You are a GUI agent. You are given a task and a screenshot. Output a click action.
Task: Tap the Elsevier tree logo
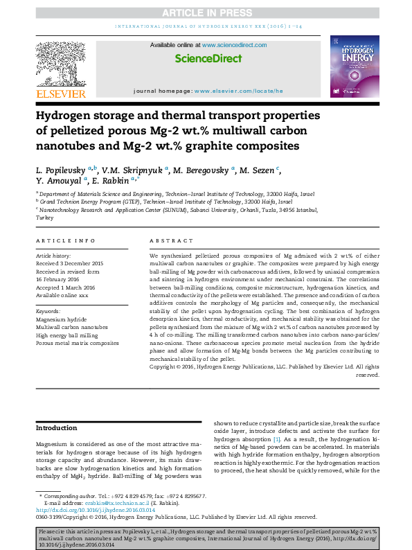tap(60, 66)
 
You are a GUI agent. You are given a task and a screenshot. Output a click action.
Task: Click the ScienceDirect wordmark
tap(208, 60)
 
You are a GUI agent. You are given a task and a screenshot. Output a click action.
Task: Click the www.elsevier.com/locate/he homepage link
tap(239, 91)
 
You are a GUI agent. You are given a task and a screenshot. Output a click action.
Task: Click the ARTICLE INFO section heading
tap(66, 240)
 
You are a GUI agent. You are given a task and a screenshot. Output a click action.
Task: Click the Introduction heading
tap(57, 427)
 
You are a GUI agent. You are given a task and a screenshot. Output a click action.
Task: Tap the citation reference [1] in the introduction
tap(276, 439)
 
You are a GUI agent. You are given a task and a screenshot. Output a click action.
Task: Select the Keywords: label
tap(49, 312)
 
